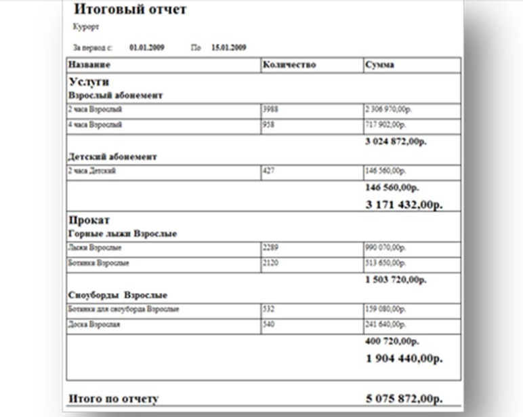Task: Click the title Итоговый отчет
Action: coord(130,10)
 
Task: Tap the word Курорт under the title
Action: coord(85,27)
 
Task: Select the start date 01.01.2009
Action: coord(146,48)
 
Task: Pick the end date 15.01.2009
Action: coord(229,48)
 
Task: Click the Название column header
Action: coord(89,65)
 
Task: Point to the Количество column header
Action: coord(289,65)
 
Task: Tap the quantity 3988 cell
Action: coord(270,109)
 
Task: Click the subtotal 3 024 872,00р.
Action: coord(396,142)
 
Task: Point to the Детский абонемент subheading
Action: coord(112,157)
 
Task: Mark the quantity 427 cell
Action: coord(268,172)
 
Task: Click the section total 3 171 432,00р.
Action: coord(404,204)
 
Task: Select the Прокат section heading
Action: coord(89,220)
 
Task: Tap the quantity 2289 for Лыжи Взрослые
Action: coord(270,248)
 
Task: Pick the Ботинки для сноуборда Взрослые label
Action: coord(124,309)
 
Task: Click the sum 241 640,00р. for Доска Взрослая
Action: coord(385,325)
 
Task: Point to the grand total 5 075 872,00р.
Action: coord(404,398)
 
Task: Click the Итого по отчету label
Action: coord(114,398)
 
